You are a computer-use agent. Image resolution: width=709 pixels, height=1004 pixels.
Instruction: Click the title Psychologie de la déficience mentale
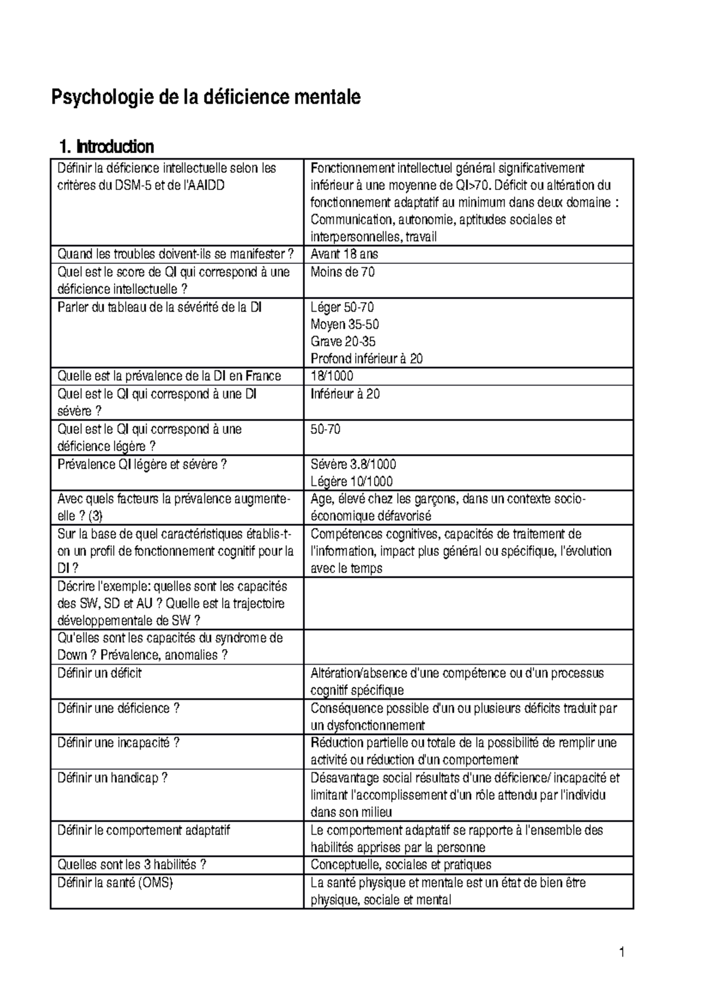point(206,97)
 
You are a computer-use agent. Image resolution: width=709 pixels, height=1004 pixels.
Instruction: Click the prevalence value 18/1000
point(332,377)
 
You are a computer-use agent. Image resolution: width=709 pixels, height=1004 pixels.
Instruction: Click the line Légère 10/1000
point(352,481)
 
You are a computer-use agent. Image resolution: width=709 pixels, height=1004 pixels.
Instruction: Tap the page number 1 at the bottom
point(622,952)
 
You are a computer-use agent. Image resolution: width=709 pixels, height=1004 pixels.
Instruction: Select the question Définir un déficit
point(99,673)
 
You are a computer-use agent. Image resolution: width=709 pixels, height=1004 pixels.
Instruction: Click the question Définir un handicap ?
point(112,778)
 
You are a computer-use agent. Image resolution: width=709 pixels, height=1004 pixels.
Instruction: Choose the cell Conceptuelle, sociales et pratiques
point(401,865)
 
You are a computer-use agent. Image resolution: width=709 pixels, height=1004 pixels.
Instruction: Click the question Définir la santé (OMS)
point(115,883)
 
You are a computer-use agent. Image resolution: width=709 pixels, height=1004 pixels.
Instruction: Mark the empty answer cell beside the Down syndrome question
point(468,647)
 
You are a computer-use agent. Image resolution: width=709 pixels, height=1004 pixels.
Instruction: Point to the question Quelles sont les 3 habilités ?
point(131,865)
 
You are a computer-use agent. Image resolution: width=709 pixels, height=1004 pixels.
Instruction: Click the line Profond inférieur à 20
point(366,359)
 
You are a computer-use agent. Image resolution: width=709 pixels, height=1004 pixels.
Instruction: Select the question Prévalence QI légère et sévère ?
point(142,464)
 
